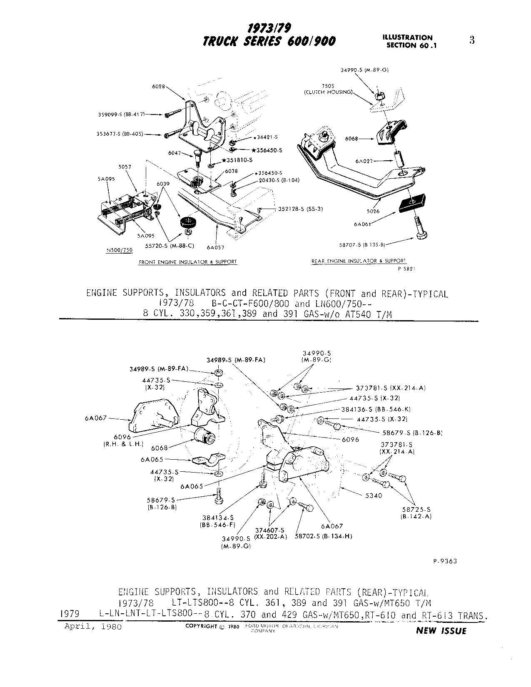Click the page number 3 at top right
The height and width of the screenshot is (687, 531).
point(472,40)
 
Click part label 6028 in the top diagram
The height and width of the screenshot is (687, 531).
point(158,87)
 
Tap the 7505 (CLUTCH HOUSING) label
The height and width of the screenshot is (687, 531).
point(328,89)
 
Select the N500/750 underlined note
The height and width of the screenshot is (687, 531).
point(119,250)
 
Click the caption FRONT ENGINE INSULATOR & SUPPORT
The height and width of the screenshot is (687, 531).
point(187,262)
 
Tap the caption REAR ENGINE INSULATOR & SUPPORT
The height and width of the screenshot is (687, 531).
point(359,261)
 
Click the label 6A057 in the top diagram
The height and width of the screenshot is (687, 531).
point(215,247)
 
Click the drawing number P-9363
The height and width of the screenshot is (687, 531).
point(445,561)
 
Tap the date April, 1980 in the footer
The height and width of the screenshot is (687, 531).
point(93,627)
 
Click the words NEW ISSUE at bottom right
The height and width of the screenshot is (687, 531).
point(441,631)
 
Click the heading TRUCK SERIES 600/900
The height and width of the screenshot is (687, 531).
point(269,42)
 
